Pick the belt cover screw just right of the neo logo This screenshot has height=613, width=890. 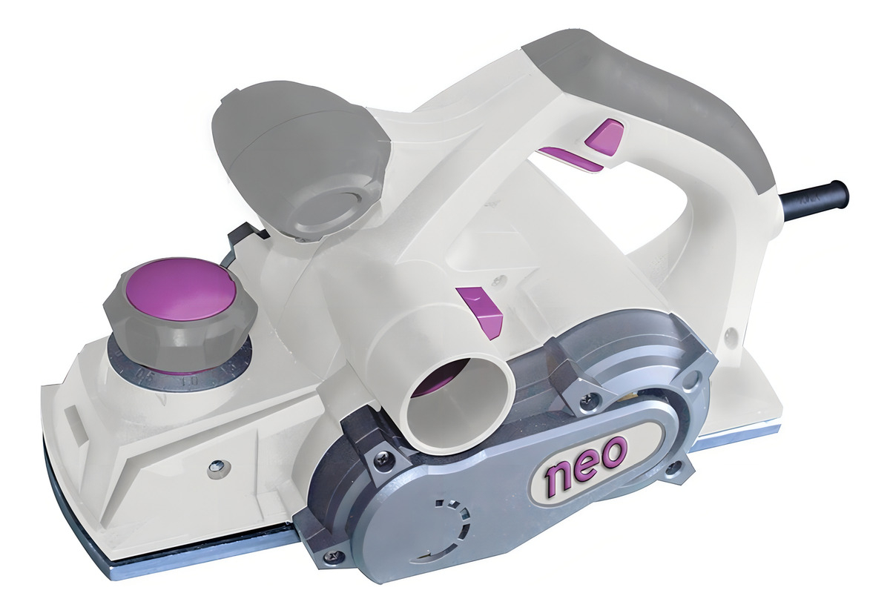(x=674, y=467)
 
